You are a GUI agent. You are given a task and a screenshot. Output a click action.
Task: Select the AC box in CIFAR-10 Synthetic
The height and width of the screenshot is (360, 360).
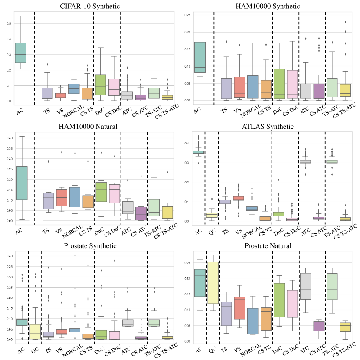[x=20, y=52]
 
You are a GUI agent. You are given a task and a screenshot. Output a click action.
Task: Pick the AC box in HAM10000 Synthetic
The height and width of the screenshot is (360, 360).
[x=200, y=57]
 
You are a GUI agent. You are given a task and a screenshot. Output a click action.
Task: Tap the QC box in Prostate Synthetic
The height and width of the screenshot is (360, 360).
[x=34, y=331]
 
